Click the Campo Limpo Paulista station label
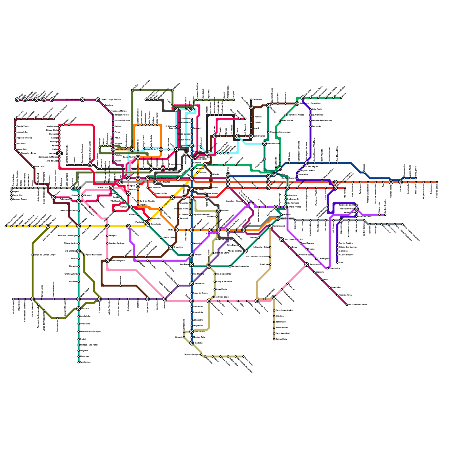pyautogui.click(x=111, y=100)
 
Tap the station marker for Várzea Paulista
pyautogui.click(x=83, y=100)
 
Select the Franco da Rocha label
pyautogui.click(x=122, y=121)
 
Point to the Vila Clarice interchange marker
pyautogui.click(x=113, y=149)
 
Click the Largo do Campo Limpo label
pyautogui.click(x=45, y=255)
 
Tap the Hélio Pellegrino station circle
pyautogui.click(x=107, y=261)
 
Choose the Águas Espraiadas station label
pyautogui.click(x=94, y=255)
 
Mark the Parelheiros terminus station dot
pyautogui.click(x=78, y=362)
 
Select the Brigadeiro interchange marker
pyautogui.click(x=170, y=247)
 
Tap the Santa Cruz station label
pyautogui.click(x=200, y=284)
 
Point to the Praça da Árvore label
pyautogui.click(x=200, y=293)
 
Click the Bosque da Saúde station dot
pyautogui.click(x=214, y=282)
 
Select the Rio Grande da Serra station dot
pyautogui.click(x=347, y=305)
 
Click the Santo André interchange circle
pyautogui.click(x=307, y=264)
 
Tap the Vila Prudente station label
pyautogui.click(x=287, y=218)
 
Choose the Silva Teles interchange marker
pyautogui.click(x=205, y=165)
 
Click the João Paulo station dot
pyautogui.click(x=310, y=109)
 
